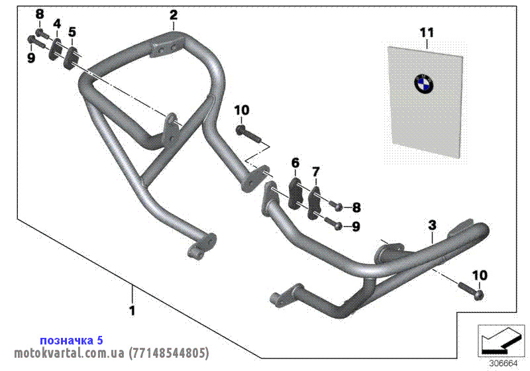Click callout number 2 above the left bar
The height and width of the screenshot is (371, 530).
(174, 14)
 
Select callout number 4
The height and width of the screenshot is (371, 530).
(57, 25)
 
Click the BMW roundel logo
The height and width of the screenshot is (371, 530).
(423, 83)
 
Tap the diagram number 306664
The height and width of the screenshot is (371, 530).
(503, 363)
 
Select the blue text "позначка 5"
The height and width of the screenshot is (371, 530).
(72, 340)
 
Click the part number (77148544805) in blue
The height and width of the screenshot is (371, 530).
(169, 352)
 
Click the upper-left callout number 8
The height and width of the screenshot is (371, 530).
(38, 14)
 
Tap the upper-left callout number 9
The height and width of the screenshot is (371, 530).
(30, 58)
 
